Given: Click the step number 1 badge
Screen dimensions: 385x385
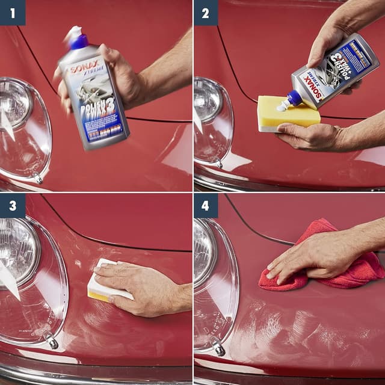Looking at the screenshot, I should point(12,12).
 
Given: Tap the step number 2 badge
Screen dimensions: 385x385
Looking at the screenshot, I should point(206,12).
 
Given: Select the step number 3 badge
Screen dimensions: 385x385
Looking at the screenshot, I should point(12,206).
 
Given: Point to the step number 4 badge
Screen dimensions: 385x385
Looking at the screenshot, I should point(206,206).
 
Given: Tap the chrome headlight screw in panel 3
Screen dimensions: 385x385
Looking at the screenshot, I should point(52,342).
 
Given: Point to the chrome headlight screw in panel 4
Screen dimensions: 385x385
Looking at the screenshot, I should point(219,348).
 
